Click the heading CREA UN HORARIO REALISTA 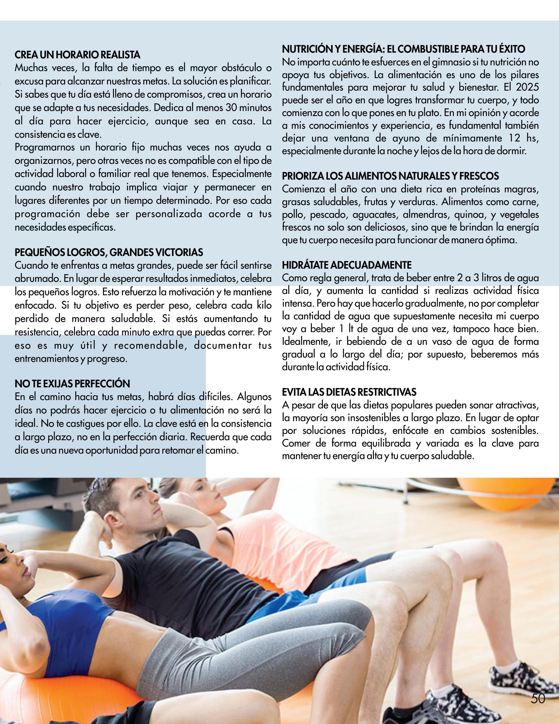coord(78,55)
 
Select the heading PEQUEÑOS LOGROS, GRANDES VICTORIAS coord(109,252)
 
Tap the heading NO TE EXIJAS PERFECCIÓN coord(72,384)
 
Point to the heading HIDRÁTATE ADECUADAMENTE coord(347,265)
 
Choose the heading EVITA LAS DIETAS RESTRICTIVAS coord(349,392)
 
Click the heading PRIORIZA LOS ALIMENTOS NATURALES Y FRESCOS coord(390,176)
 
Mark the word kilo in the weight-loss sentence coord(264,305)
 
